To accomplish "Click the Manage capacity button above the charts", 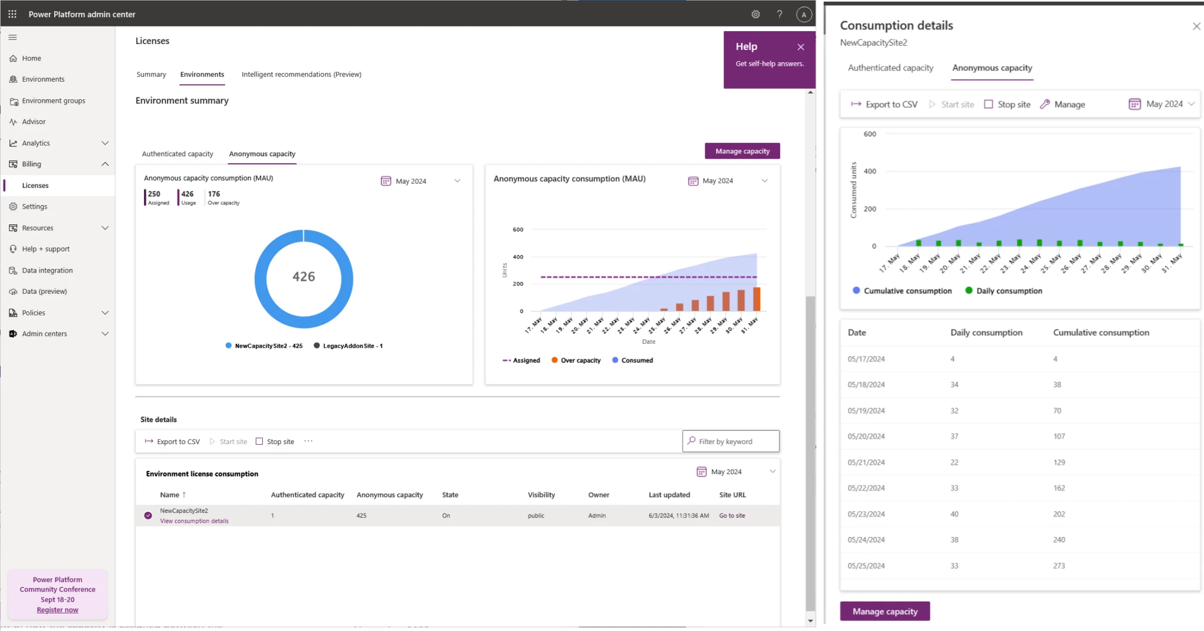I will point(742,151).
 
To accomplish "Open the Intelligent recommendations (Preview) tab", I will point(301,75).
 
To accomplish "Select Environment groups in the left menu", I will point(53,101).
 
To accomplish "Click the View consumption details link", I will point(194,521).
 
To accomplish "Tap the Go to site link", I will point(732,516).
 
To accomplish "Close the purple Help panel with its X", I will point(801,47).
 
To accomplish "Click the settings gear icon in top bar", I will point(756,15).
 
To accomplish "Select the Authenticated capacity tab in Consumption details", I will point(890,68).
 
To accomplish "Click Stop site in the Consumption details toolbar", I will point(1008,105).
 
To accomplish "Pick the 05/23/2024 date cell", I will point(866,514).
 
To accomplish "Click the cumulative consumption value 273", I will point(1059,566).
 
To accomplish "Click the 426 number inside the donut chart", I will point(304,277).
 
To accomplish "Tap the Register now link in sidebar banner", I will point(58,610).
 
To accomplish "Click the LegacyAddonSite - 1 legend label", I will point(352,346).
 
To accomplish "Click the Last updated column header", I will point(669,495).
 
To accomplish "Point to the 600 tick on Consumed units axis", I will point(869,135).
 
